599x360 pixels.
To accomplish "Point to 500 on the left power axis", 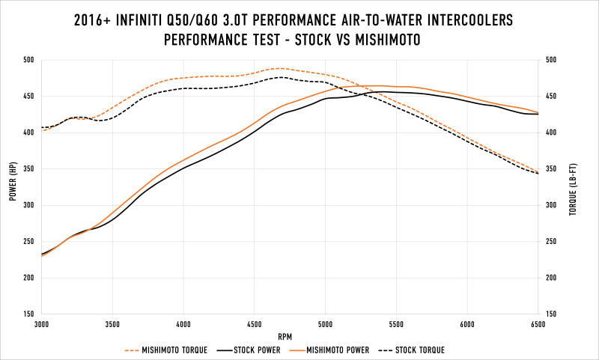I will (x=28, y=60).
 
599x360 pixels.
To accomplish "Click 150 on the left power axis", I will (x=28, y=314).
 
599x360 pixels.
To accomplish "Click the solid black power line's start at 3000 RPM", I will (x=43, y=254).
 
